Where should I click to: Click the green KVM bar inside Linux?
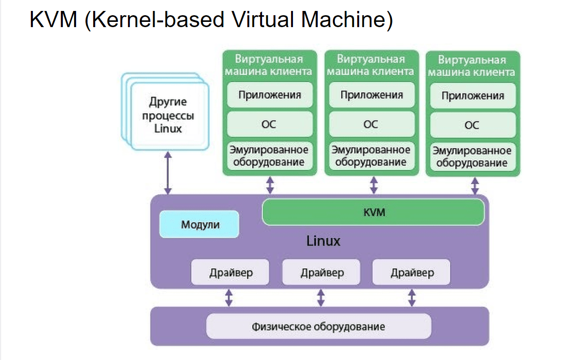point(373,212)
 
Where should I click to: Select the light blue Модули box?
point(199,224)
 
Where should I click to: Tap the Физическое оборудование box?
point(318,327)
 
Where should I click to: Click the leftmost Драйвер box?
point(230,272)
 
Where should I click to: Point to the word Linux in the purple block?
point(323,241)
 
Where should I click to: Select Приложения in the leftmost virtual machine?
point(270,95)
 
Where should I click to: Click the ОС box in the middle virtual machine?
point(371,124)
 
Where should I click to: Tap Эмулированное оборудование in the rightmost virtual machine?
point(472,157)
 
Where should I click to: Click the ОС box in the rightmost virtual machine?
point(472,125)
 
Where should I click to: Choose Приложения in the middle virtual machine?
point(371,95)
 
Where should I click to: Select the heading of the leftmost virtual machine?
point(269,65)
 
